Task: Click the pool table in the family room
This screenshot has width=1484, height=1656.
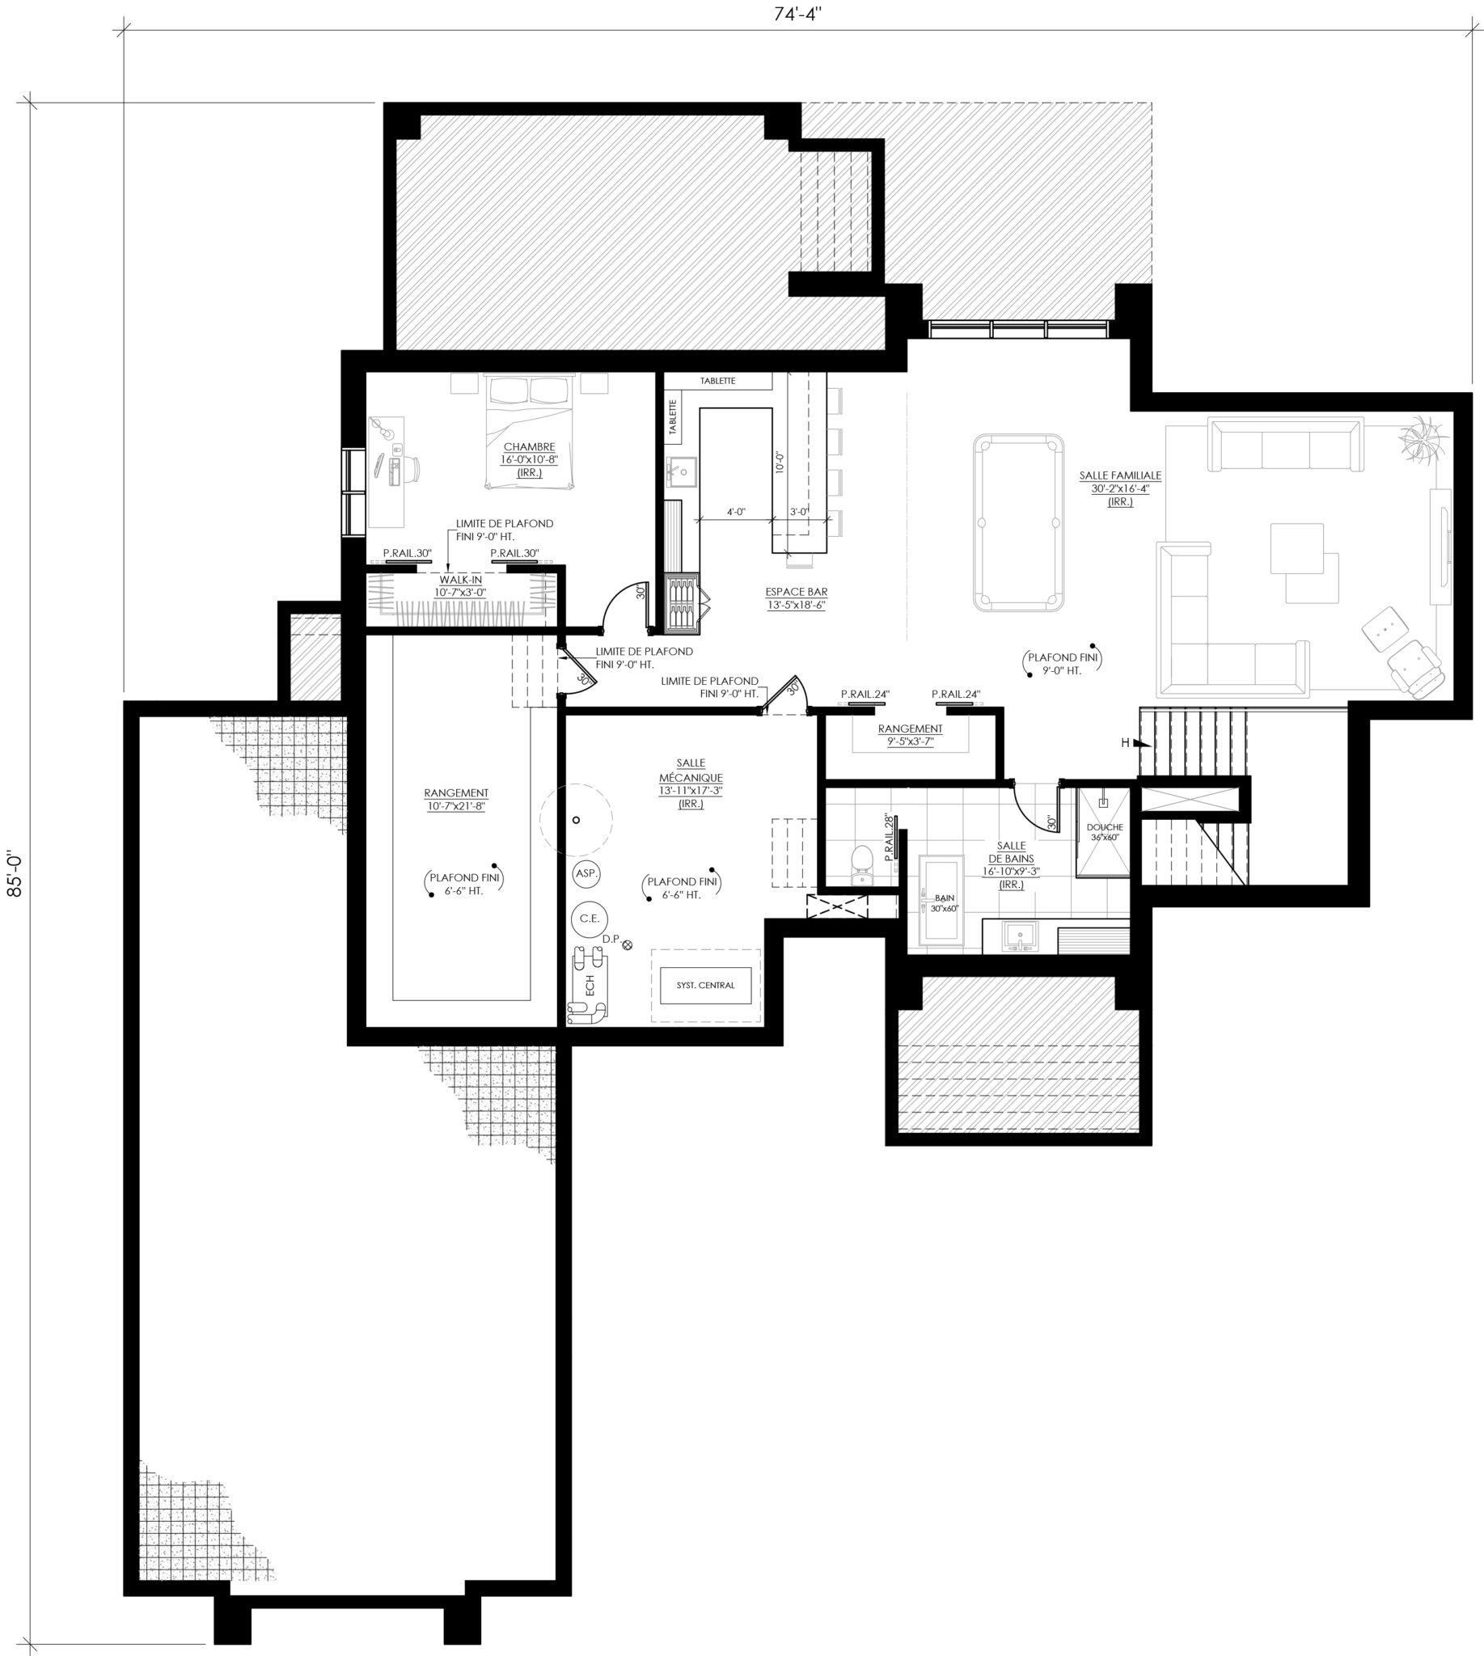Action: point(1018,522)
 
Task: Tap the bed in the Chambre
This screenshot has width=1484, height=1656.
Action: point(530,432)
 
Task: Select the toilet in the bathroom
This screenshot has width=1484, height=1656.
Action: point(861,865)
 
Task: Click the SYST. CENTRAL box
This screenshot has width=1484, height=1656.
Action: point(705,985)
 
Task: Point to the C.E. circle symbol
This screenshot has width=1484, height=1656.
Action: point(589,918)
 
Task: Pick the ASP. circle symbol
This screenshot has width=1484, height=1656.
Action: point(586,873)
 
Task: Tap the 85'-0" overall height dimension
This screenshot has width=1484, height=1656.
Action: point(14,875)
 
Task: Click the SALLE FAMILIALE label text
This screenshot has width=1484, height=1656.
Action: point(1120,475)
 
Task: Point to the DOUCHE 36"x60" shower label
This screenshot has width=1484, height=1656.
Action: point(1105,833)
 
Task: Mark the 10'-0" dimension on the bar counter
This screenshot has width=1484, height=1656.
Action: point(780,463)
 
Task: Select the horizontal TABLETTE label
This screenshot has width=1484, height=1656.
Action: point(717,381)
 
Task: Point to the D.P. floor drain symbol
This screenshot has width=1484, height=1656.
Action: point(627,945)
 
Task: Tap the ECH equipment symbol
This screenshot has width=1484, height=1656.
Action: point(587,985)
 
